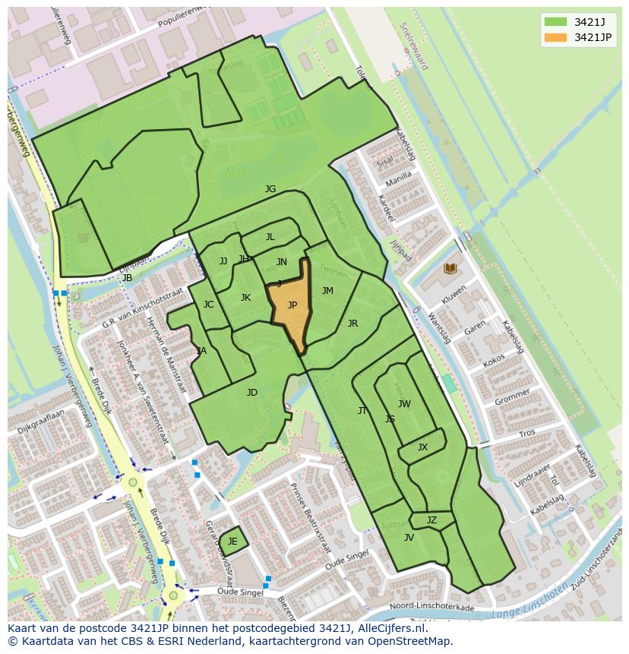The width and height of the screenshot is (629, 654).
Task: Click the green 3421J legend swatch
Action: (x=555, y=21)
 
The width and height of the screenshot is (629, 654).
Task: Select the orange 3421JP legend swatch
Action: (x=555, y=37)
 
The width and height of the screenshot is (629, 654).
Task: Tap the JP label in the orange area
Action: (x=292, y=305)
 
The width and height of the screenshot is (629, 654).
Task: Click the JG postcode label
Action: (x=270, y=189)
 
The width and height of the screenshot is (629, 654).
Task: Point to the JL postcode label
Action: (x=270, y=237)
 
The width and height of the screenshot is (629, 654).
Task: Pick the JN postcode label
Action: (x=281, y=262)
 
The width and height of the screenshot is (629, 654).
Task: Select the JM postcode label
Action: (x=327, y=291)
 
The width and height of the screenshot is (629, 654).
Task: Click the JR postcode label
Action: (x=352, y=324)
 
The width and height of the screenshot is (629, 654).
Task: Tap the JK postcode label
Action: (x=245, y=298)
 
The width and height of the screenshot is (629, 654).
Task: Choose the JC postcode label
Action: (x=208, y=305)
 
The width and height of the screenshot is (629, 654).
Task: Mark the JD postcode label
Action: (x=252, y=393)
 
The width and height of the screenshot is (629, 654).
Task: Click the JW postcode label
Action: (x=404, y=404)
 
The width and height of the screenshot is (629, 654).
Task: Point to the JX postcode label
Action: (x=422, y=447)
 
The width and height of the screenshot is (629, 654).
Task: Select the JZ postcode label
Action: (x=431, y=520)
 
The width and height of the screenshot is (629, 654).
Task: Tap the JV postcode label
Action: (x=409, y=538)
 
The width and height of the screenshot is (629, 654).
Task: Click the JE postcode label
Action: (x=232, y=542)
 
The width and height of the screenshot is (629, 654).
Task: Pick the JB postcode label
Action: (x=127, y=278)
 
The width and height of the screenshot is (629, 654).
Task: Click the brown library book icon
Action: (x=450, y=269)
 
